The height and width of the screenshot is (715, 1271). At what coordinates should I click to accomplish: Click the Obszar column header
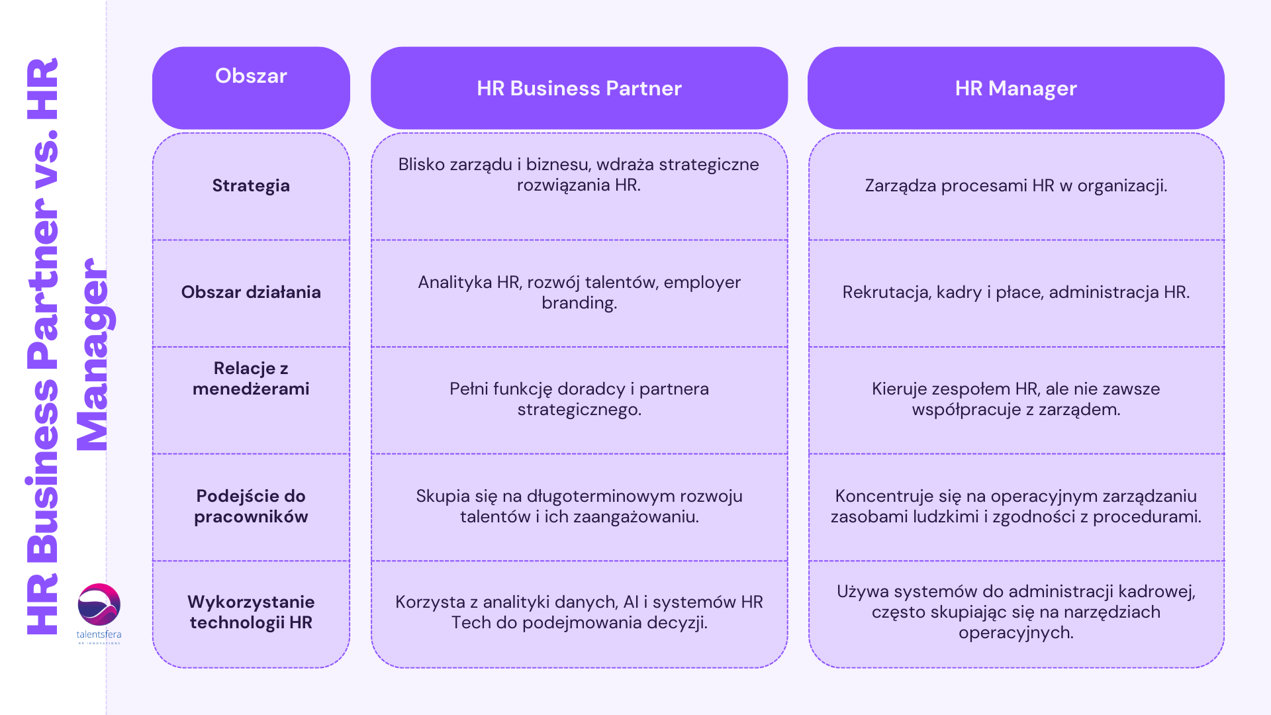[x=251, y=77]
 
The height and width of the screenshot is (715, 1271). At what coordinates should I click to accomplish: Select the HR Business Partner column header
[x=579, y=88]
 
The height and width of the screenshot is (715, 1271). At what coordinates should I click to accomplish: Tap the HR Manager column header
[x=1015, y=88]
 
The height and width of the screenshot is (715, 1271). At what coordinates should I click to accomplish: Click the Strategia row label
[x=251, y=185]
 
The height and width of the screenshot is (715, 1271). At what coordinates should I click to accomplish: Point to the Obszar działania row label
[x=251, y=292]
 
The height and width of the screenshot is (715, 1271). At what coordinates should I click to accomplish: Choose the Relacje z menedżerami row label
[x=251, y=379]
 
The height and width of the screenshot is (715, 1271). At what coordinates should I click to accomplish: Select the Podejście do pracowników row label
[x=251, y=506]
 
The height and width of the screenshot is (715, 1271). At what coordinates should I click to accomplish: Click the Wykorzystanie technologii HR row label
[x=251, y=612]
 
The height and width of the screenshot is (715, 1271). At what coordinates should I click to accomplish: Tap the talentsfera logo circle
[x=99, y=604]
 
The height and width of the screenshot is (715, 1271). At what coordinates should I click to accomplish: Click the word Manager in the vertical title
[x=93, y=354]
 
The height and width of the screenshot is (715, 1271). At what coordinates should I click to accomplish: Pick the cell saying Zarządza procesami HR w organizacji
[x=1015, y=185]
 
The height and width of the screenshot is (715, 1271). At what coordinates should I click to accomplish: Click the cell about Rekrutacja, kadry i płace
[x=1015, y=292]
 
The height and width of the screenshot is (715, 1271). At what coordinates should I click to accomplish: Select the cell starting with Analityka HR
[x=579, y=292]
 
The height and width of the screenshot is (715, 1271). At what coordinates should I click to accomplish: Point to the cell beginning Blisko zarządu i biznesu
[x=579, y=175]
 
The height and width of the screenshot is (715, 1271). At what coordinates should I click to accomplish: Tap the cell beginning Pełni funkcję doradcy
[x=579, y=399]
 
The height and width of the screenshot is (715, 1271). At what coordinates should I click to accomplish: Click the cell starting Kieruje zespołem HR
[x=1015, y=399]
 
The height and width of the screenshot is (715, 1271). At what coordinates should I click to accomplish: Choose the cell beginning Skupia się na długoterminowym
[x=579, y=506]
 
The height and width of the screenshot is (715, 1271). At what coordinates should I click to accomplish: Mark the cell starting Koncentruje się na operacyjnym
[x=1015, y=506]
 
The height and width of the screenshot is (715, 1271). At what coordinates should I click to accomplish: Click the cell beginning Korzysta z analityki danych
[x=579, y=612]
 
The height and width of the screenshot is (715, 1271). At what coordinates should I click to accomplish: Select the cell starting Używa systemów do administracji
[x=1015, y=612]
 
